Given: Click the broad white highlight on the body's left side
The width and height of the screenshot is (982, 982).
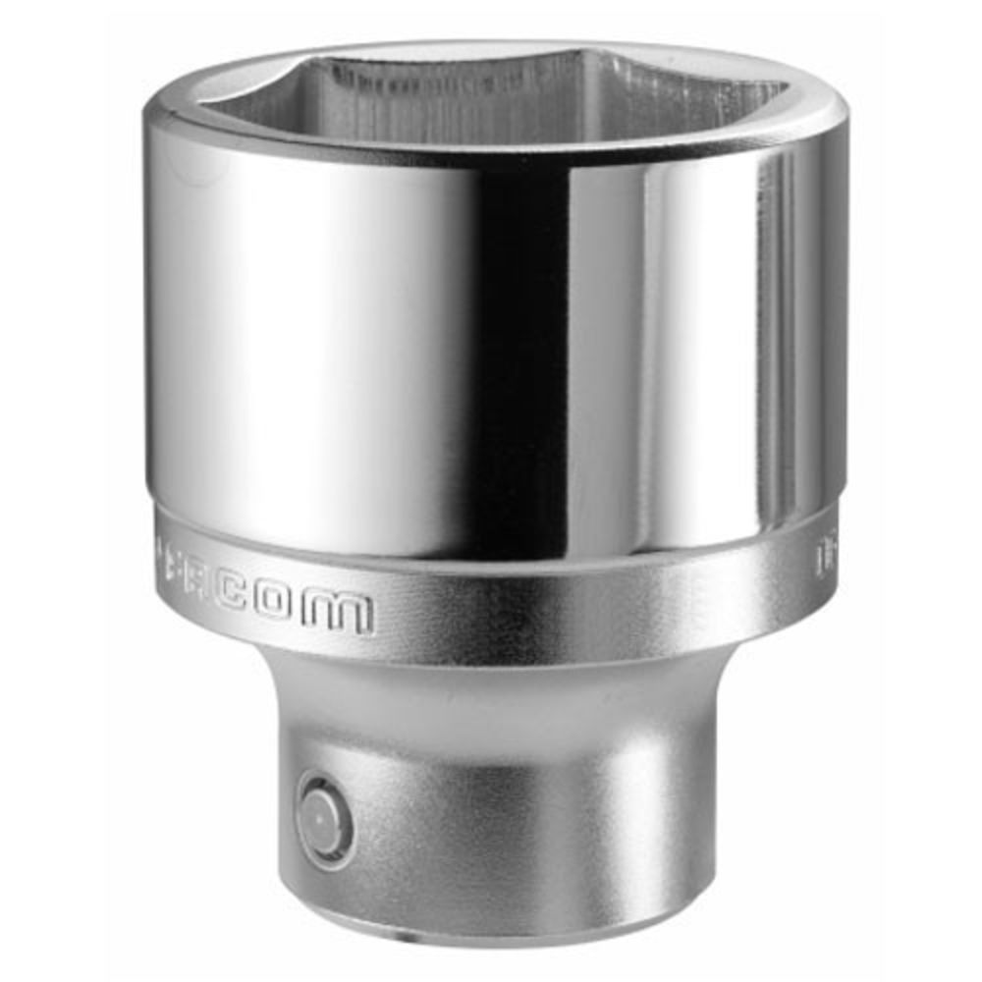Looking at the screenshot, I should coord(295,344).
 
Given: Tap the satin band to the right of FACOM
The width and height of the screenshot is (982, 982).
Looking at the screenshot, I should coord(589,599).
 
